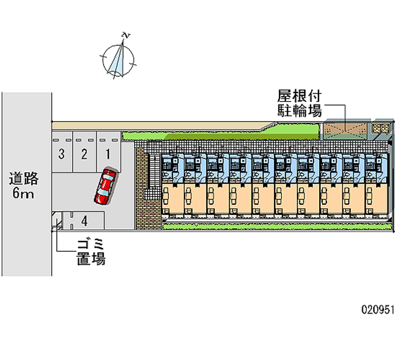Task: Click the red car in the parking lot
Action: tap(105, 186)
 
